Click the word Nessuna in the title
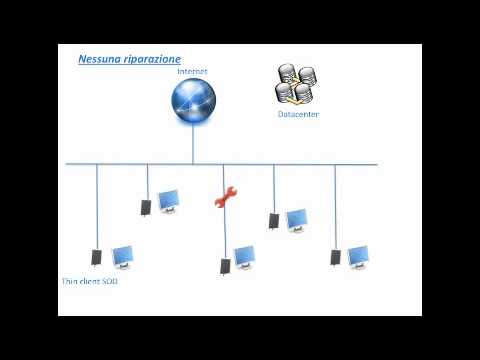click(x=98, y=59)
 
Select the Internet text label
click(x=192, y=72)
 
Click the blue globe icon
click(x=193, y=102)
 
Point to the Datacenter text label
click(x=298, y=115)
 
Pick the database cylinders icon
click(x=297, y=86)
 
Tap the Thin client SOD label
click(x=90, y=282)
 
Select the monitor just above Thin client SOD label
click(x=122, y=258)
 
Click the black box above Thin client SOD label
click(x=96, y=257)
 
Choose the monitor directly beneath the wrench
click(x=244, y=258)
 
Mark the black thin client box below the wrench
click(x=226, y=266)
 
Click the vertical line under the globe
click(x=193, y=145)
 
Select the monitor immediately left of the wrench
click(x=168, y=201)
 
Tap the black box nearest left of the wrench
click(x=146, y=207)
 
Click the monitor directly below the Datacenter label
click(x=296, y=219)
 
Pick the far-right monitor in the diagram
click(x=358, y=257)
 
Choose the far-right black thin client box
click(x=336, y=257)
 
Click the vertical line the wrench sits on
click(x=223, y=230)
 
